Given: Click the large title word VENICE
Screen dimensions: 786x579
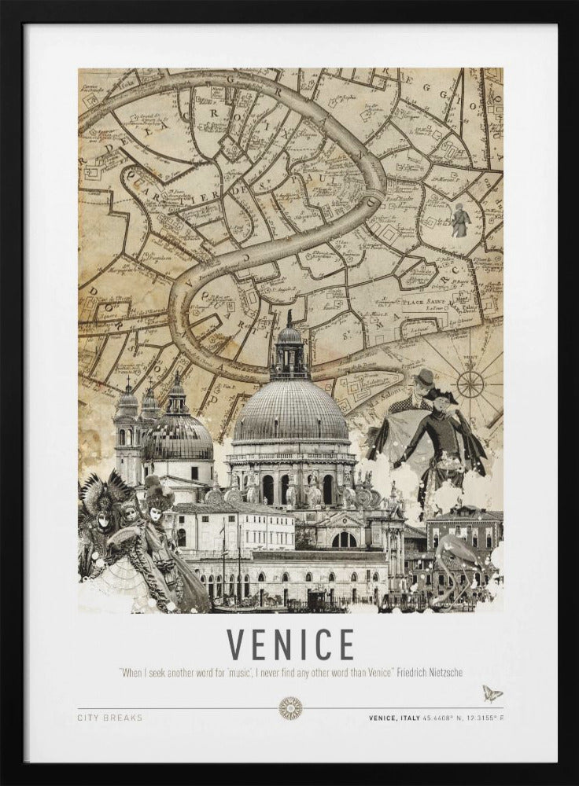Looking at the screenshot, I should [x=290, y=645].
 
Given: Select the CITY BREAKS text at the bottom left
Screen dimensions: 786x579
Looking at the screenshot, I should [x=110, y=718].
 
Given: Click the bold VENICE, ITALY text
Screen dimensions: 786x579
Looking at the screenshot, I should [x=397, y=718].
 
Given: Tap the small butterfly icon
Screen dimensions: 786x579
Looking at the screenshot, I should [x=492, y=692].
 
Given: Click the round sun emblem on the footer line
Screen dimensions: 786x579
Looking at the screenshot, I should [x=290, y=708].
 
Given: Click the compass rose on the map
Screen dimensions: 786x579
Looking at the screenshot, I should [x=470, y=384].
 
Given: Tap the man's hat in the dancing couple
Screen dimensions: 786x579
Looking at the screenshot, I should [x=425, y=377].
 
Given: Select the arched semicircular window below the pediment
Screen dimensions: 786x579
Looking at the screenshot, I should [x=344, y=539].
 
